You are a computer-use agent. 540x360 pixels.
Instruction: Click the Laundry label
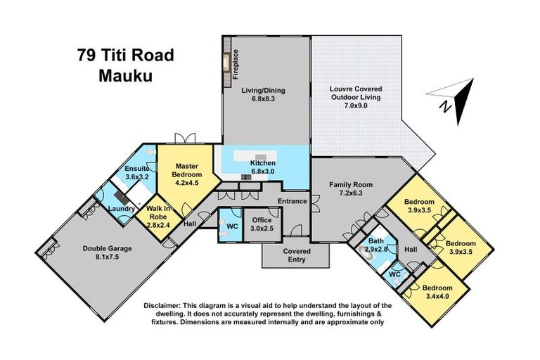122,209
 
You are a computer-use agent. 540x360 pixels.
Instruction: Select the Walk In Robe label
158,212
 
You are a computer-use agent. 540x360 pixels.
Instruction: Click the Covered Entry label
296,255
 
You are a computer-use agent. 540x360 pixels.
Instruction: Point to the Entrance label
292,201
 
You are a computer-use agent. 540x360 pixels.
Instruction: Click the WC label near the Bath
395,274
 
